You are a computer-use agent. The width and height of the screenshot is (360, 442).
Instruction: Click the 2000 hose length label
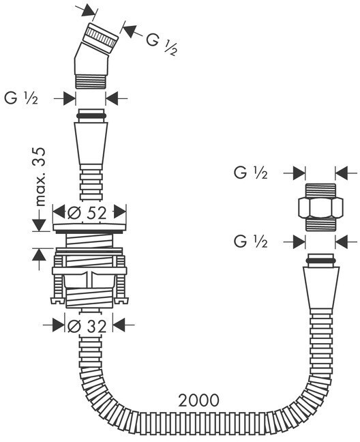[198, 400]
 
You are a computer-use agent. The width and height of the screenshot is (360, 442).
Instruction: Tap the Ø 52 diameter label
[87, 213]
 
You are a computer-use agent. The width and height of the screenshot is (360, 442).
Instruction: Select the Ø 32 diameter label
[87, 326]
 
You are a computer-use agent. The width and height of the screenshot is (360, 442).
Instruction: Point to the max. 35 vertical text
[40, 177]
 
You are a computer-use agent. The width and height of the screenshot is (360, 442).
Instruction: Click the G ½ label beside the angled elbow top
[162, 44]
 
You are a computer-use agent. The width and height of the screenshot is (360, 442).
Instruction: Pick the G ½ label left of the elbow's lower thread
[21, 98]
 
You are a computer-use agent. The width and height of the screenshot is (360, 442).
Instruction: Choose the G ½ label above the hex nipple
[251, 173]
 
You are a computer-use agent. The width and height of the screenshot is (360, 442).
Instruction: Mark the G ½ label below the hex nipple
[251, 241]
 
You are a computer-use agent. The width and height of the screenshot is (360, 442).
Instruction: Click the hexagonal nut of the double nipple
[320, 207]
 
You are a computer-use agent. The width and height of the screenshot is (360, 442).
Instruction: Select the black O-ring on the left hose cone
[91, 116]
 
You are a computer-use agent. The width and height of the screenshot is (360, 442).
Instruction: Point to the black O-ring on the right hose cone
[320, 261]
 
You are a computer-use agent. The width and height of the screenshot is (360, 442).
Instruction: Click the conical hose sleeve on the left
[91, 144]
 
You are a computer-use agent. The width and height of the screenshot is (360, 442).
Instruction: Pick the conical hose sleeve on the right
[320, 288]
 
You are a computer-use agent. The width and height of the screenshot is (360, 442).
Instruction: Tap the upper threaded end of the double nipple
[320, 191]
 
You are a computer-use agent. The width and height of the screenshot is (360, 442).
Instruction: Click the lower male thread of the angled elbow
[91, 82]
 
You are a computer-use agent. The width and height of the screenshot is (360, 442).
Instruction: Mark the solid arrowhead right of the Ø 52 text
[120, 211]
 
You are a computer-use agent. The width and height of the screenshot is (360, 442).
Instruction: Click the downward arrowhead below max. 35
[39, 225]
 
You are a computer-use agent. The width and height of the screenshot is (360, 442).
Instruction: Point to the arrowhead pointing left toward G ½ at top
[130, 31]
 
